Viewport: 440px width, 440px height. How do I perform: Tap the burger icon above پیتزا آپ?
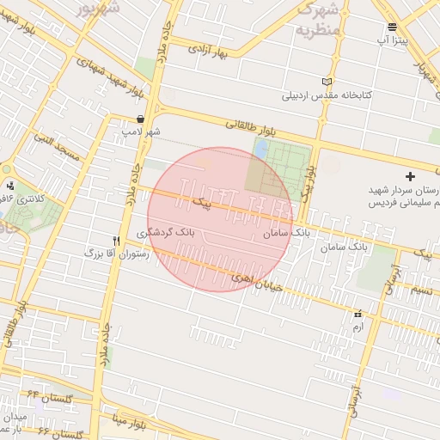point(393,27)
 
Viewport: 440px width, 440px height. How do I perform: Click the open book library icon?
point(326,82)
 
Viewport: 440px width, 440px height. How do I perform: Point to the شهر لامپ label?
point(140,131)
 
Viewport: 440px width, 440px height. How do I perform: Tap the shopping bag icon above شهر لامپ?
point(140,119)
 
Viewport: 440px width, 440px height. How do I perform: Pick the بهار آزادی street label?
point(214,50)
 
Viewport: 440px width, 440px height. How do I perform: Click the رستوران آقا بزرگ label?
point(116,254)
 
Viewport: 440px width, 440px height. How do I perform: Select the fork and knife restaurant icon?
point(116,241)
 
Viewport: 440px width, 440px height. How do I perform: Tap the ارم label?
point(357,327)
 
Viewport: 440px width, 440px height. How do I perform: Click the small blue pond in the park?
point(260,149)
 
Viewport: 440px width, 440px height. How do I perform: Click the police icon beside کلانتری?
point(10,185)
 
